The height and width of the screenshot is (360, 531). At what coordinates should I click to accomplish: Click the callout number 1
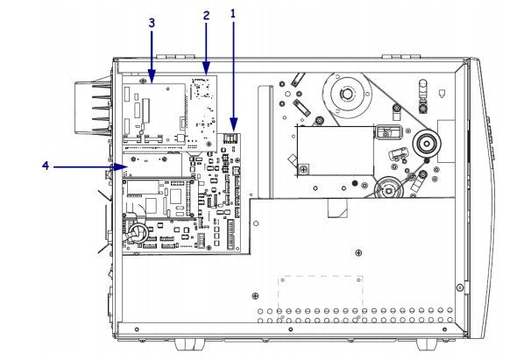pyautogui.click(x=233, y=15)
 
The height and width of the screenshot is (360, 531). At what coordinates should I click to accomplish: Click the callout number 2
pyautogui.click(x=206, y=16)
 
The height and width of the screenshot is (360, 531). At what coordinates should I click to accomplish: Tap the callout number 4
pyautogui.click(x=44, y=164)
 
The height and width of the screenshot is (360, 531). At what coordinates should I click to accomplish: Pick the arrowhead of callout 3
pyautogui.click(x=151, y=83)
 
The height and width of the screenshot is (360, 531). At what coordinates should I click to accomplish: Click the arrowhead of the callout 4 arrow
pyautogui.click(x=126, y=164)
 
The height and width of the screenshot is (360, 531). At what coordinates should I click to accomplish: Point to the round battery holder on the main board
pyautogui.click(x=138, y=233)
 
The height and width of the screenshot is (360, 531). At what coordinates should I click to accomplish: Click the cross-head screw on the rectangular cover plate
pyautogui.click(x=301, y=167)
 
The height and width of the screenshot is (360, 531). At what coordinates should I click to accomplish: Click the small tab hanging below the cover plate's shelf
pyautogui.click(x=336, y=207)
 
